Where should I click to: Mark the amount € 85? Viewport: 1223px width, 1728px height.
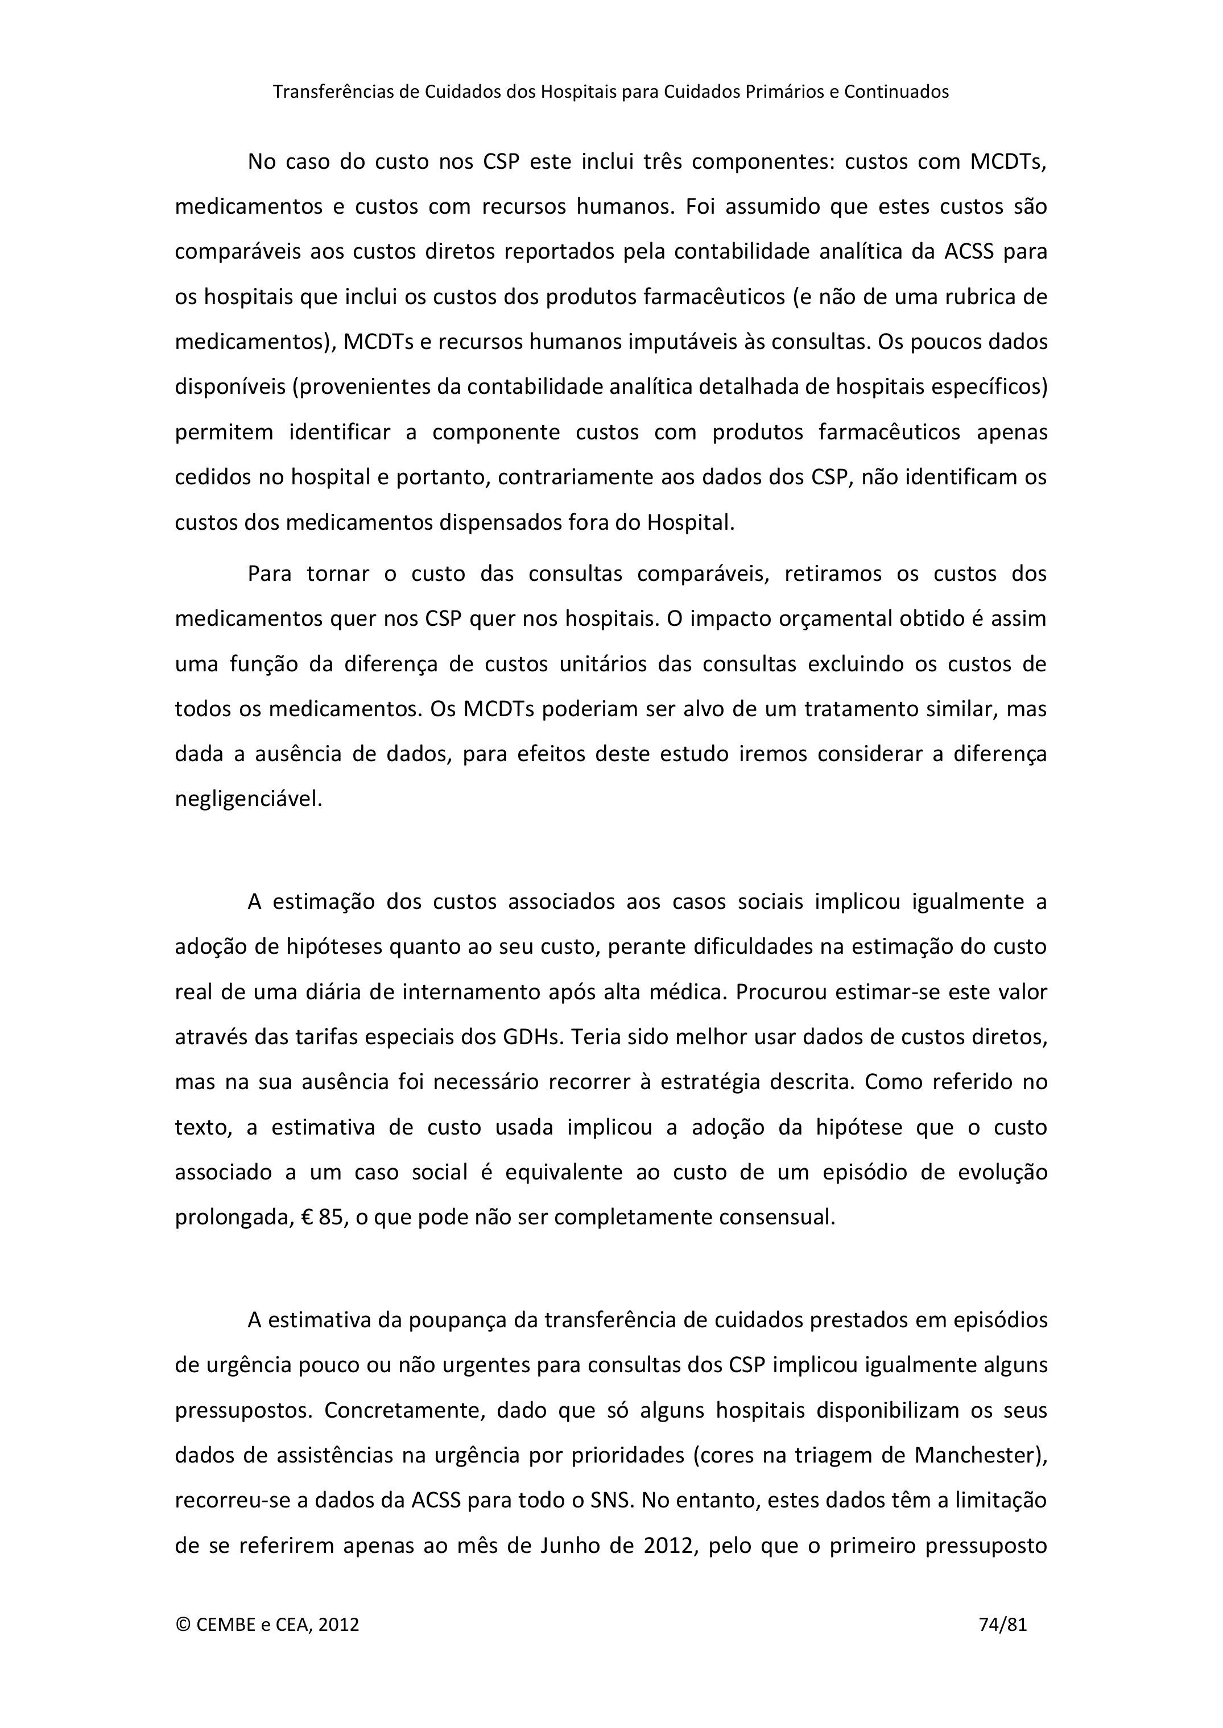point(323,1217)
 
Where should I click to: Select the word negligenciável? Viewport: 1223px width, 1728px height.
point(249,799)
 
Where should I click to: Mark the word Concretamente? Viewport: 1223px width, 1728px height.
point(403,1410)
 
